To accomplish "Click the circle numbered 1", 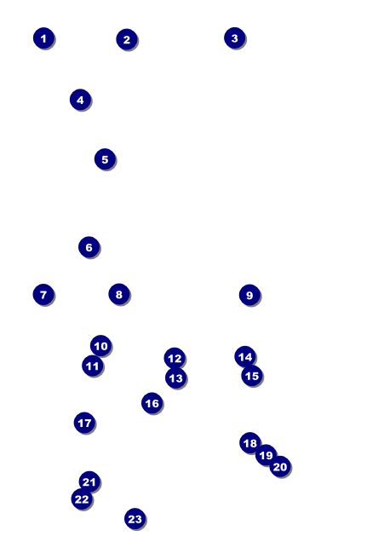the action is click(x=43, y=38).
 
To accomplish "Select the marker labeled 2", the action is click(x=127, y=39).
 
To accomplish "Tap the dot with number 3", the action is click(x=234, y=37).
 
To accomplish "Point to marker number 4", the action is click(x=80, y=100).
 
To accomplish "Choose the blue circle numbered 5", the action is click(x=105, y=159).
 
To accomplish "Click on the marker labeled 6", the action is click(x=89, y=247).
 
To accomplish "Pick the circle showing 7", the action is click(x=43, y=295).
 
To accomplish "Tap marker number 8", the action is click(x=119, y=294).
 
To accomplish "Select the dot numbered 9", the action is click(x=249, y=295).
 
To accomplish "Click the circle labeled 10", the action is click(x=100, y=345).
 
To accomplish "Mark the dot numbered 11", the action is click(x=93, y=366).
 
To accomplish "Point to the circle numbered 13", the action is click(x=176, y=378).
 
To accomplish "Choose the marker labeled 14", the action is click(x=245, y=356).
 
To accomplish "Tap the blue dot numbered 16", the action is click(x=152, y=403).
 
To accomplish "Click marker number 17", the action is click(x=84, y=423).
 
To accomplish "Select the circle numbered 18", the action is click(x=250, y=442).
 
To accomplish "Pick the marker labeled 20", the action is click(x=280, y=467).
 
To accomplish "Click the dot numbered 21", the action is click(x=89, y=481).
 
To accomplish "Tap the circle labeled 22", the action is click(x=82, y=499).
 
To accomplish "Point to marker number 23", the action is click(x=135, y=518).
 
